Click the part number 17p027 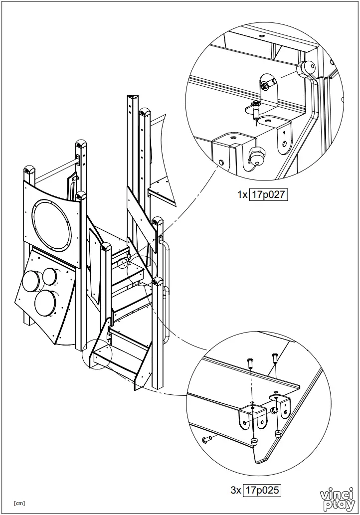click(268, 195)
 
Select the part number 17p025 click(262, 491)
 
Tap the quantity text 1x click(242, 195)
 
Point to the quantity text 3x click(236, 491)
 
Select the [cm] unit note click(19, 503)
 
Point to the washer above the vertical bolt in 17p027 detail click(256, 103)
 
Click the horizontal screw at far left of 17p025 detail click(207, 439)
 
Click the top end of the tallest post click(132, 97)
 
